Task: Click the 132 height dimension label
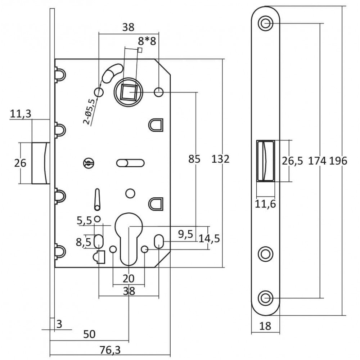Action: [220, 159]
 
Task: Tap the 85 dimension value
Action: [194, 159]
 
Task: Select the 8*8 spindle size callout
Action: [147, 41]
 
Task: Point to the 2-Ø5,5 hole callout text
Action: [89, 111]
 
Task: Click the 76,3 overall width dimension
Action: [110, 350]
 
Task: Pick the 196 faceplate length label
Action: [338, 161]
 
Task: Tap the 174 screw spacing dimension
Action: [317, 161]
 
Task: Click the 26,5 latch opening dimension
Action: [292, 161]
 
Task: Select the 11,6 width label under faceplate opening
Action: [265, 204]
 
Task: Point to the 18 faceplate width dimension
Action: [265, 326]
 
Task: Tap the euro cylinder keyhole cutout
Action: [129, 239]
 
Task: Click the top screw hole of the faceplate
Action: [266, 23]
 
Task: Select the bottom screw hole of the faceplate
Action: [266, 298]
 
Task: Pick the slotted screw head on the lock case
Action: [89, 163]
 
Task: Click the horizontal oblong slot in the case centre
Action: [130, 163]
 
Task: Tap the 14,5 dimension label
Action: [209, 239]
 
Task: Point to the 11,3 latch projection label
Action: [21, 114]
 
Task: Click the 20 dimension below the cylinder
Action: [129, 279]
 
